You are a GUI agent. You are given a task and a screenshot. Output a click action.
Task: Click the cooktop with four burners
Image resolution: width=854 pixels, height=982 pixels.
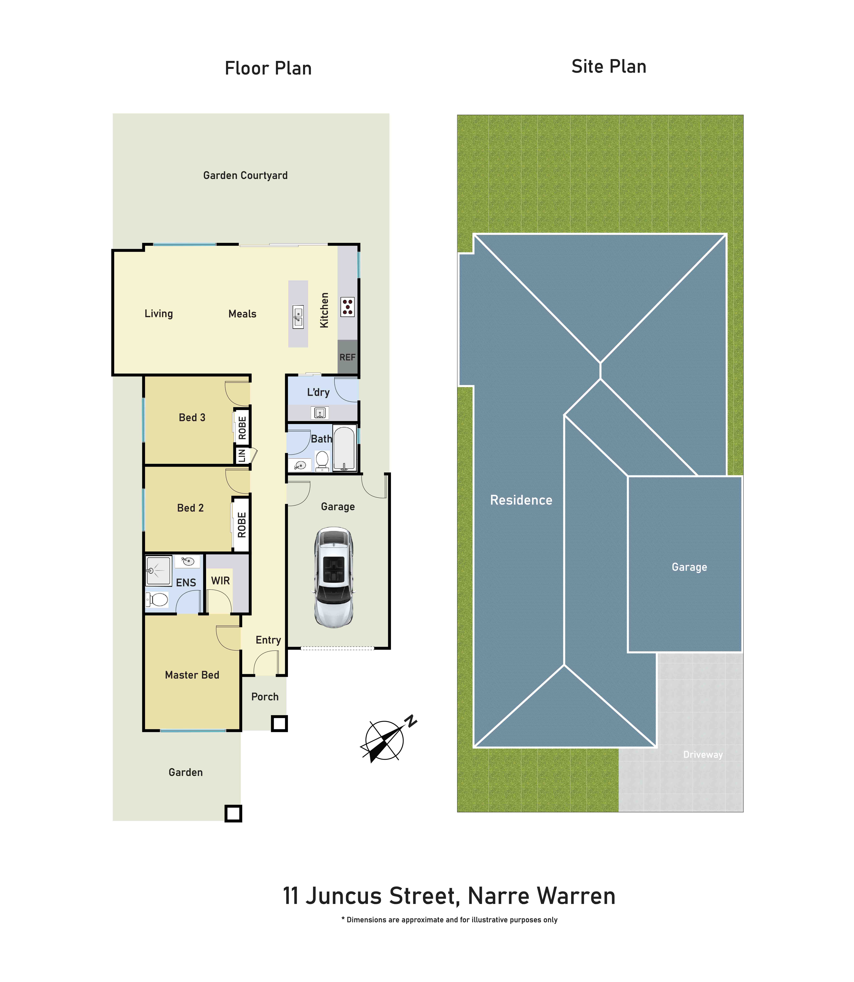[x=347, y=307]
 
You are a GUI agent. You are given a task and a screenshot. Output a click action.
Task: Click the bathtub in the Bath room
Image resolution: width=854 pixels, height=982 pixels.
[x=344, y=449]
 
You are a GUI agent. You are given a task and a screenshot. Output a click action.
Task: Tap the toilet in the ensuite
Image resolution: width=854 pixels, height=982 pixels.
[x=157, y=599]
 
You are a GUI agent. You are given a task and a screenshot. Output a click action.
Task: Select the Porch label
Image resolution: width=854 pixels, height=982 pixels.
[x=265, y=697]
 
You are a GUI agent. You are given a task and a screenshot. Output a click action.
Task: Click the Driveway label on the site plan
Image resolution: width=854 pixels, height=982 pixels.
[x=703, y=754]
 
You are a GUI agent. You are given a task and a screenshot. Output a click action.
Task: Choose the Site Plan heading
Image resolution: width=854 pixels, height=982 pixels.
[x=609, y=67]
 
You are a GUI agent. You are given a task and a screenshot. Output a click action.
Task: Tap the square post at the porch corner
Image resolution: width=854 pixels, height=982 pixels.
[x=279, y=723]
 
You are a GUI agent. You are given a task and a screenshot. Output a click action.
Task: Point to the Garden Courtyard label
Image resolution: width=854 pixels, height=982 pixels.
[x=245, y=175]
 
